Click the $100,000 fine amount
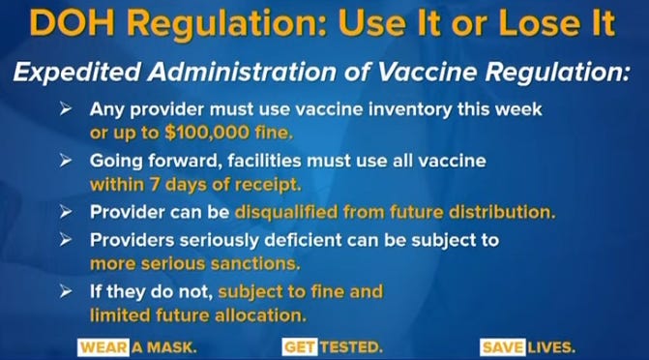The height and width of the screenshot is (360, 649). (233, 133)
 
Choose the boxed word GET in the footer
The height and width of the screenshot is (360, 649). (296, 345)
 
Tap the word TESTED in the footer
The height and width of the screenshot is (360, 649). (350, 345)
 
